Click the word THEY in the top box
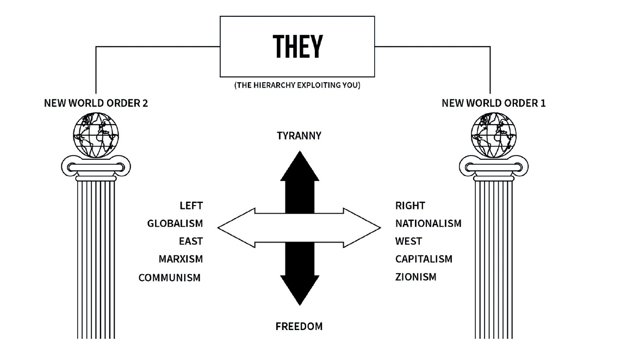pyautogui.click(x=297, y=47)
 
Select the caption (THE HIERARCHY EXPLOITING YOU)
pyautogui.click(x=297, y=85)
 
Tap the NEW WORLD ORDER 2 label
pyautogui.click(x=96, y=103)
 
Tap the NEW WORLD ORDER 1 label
pyautogui.click(x=493, y=103)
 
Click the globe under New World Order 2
pyautogui.click(x=96, y=133)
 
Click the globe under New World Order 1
pyautogui.click(x=493, y=133)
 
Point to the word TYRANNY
pyautogui.click(x=299, y=135)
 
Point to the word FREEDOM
pyautogui.click(x=299, y=327)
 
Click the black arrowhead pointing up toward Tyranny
pyautogui.click(x=299, y=166)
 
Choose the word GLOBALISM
pyautogui.click(x=175, y=224)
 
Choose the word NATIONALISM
pyautogui.click(x=428, y=224)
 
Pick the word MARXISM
pyautogui.click(x=181, y=259)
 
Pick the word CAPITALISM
pyautogui.click(x=424, y=259)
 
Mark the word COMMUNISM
pyautogui.click(x=170, y=277)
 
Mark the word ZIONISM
pyautogui.click(x=415, y=277)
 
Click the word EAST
pyautogui.click(x=190, y=241)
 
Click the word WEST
pyautogui.click(x=408, y=241)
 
